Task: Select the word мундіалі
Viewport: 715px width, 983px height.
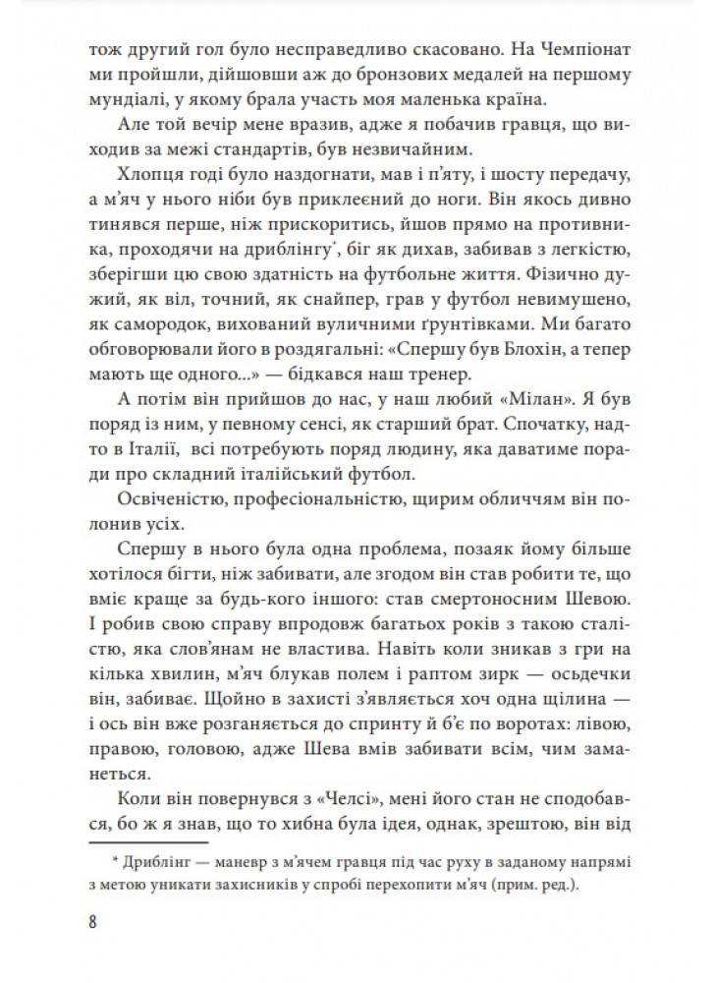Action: pos(123,102)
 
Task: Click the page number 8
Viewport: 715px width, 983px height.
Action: pos(93,924)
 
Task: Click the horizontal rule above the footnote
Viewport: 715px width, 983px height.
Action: pos(148,841)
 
